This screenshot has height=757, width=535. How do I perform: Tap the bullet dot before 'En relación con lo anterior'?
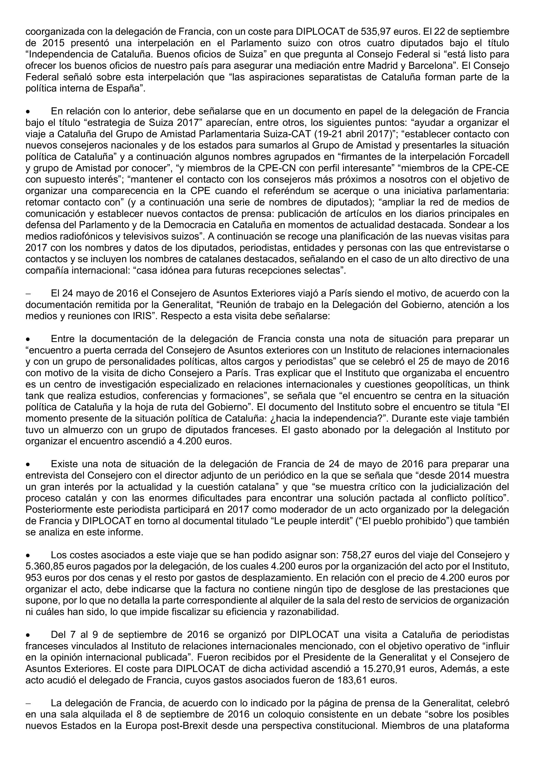pyautogui.click(x=29, y=112)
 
